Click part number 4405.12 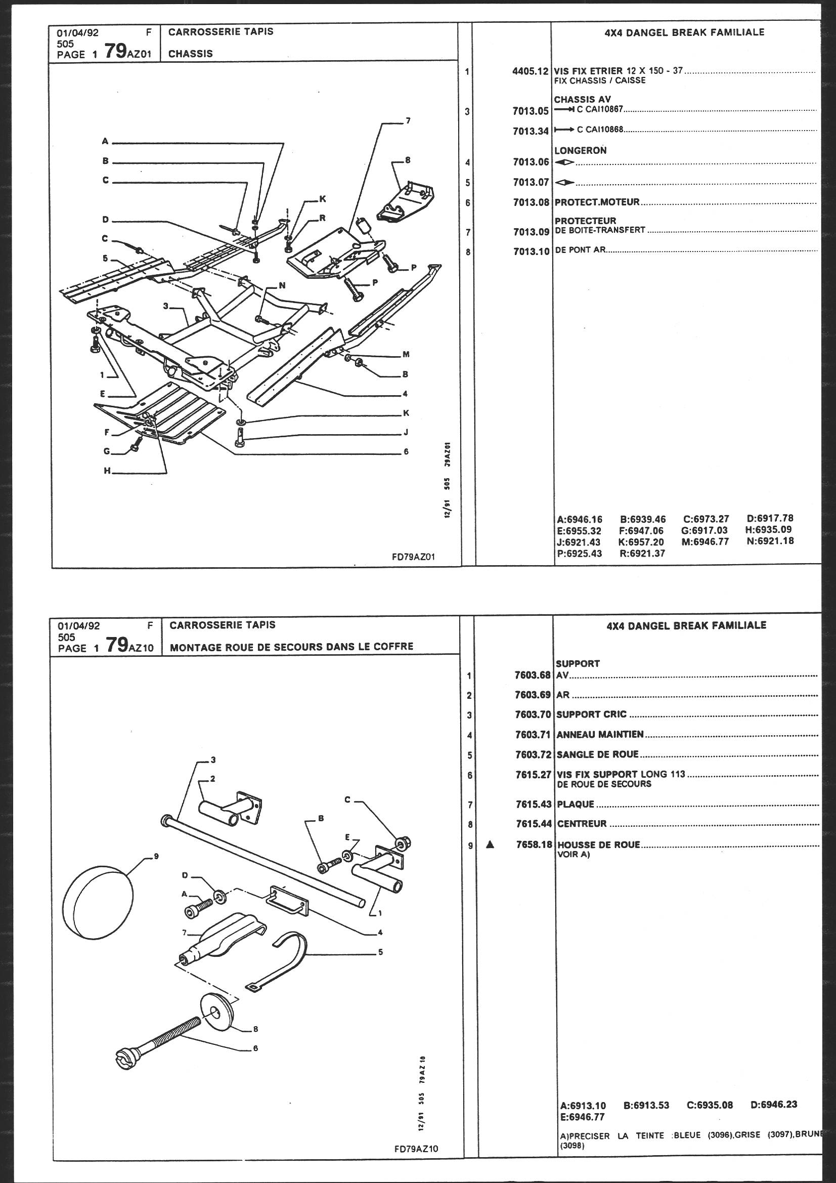[x=530, y=72]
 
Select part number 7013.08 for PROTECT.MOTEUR [x=531, y=202]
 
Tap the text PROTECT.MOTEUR [x=596, y=202]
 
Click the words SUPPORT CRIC [x=591, y=714]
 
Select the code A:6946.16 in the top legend [x=580, y=519]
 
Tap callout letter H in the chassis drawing [x=107, y=471]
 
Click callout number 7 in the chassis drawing [x=408, y=121]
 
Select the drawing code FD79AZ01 [x=415, y=557]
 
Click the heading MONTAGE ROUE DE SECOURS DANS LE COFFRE [x=291, y=646]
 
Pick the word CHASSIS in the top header [x=191, y=54]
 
